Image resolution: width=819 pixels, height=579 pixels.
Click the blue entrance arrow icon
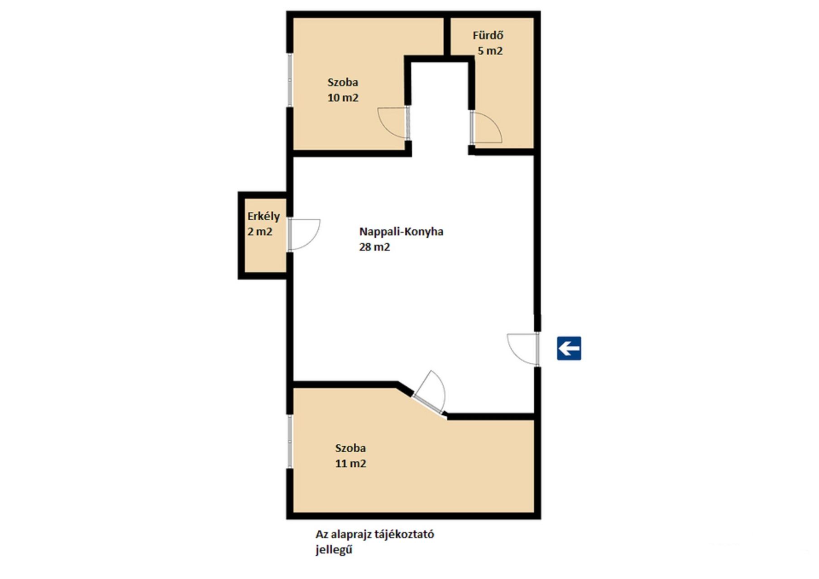click(569, 348)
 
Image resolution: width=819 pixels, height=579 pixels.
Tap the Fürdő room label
click(488, 35)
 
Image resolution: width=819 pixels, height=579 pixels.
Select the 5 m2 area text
click(490, 51)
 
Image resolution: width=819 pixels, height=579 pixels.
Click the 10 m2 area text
click(343, 98)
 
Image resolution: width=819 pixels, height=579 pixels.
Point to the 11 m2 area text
click(350, 464)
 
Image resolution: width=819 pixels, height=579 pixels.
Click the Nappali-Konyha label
click(401, 232)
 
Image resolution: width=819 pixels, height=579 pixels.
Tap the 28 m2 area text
click(374, 247)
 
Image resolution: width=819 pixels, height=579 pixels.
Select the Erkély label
click(263, 217)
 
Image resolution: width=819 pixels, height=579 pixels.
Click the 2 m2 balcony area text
click(260, 232)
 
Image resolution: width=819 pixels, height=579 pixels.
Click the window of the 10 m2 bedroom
click(290, 81)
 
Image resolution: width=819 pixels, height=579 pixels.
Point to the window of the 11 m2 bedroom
click(290, 441)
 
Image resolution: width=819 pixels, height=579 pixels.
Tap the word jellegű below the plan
click(334, 550)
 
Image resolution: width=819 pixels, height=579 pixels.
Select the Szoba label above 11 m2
click(350, 448)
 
